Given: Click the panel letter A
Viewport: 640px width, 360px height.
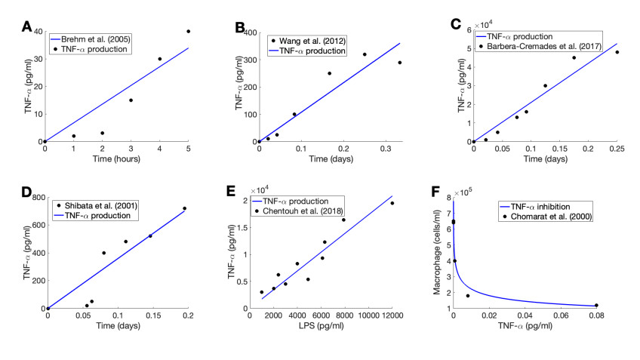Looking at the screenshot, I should click(x=26, y=28).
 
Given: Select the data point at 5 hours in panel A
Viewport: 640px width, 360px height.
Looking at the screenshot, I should click(x=188, y=32).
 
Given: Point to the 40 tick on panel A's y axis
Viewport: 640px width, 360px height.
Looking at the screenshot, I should click(x=38, y=32).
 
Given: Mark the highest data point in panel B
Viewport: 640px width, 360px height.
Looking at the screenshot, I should click(x=365, y=54).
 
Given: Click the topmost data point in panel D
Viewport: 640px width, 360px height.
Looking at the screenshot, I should click(x=184, y=208).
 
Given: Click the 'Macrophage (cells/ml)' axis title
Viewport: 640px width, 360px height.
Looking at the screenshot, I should click(x=439, y=252).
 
